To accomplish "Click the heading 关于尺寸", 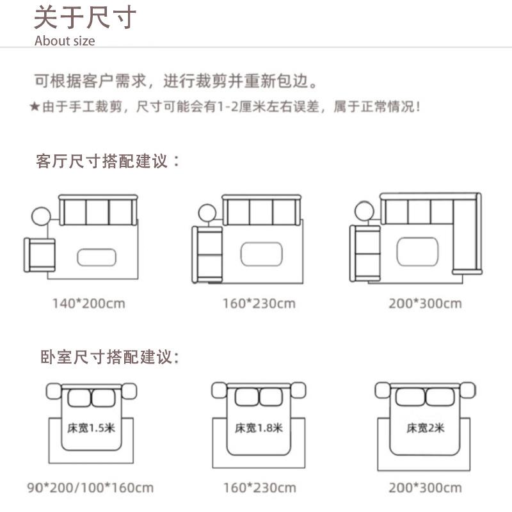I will pos(84,18).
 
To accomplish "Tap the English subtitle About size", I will pos(65,41).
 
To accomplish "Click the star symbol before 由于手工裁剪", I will pos(35,107).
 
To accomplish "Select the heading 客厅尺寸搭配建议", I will pos(108,161).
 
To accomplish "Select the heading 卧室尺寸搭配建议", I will pos(108,356).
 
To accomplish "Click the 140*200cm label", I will pos(88,303).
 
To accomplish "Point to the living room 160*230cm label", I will pos(259,303).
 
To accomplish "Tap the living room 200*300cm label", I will pos(424,303).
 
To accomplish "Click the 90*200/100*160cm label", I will pos(90,488).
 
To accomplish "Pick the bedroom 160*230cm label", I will pos(259,488).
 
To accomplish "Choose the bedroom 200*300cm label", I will pos(424,488).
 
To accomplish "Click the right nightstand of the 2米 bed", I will pos(467,388).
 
